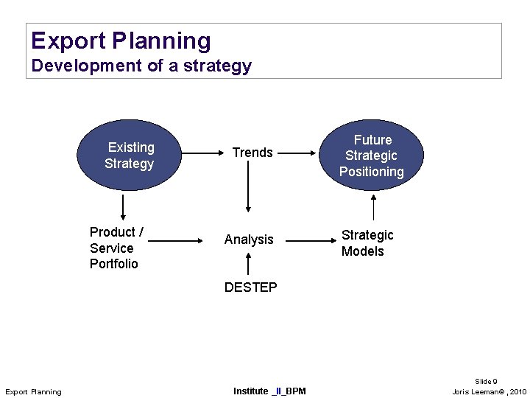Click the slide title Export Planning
(121, 41)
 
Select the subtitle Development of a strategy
(141, 66)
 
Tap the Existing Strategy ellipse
(130, 156)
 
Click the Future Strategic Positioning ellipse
(372, 156)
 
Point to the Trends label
(252, 153)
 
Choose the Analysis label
(249, 240)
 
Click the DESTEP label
(250, 287)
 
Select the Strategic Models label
(367, 243)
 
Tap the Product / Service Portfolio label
(116, 248)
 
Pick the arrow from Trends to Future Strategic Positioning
(298, 153)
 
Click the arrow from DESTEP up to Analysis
(249, 264)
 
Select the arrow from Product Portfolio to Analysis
(174, 240)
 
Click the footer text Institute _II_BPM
(269, 391)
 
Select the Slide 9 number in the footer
(485, 381)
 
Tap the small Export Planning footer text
(33, 391)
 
